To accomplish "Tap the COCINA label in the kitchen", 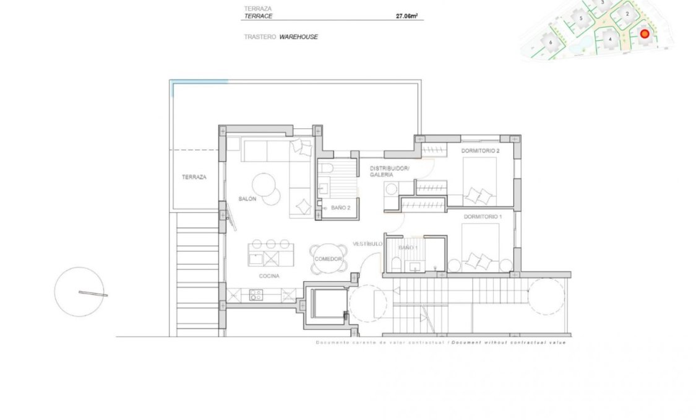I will pos(269,276).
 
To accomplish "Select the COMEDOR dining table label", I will pos(328,259).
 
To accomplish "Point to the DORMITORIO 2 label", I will pos(480,151).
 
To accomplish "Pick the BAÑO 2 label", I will pos(341,208).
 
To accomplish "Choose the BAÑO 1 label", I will pos(408,248).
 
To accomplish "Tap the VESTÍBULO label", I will pos(367,244).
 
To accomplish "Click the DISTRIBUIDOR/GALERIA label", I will pos(390,172).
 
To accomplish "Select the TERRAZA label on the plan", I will pos(194,177).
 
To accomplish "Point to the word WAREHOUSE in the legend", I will pos(298,37).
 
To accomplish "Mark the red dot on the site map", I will pos(644,34).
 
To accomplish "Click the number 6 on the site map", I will pos(551,42).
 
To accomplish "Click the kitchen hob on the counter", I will pos(256,295).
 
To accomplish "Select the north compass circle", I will pos(80,292).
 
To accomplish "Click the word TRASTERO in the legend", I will pos(259,37).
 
